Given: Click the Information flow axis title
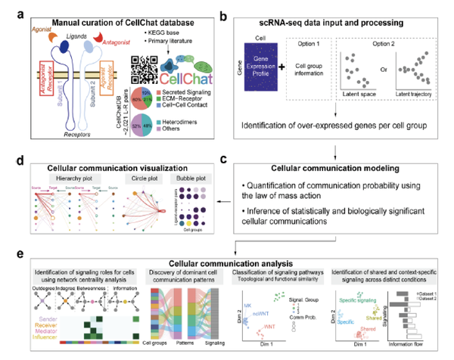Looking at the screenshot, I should click(x=412, y=351).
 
